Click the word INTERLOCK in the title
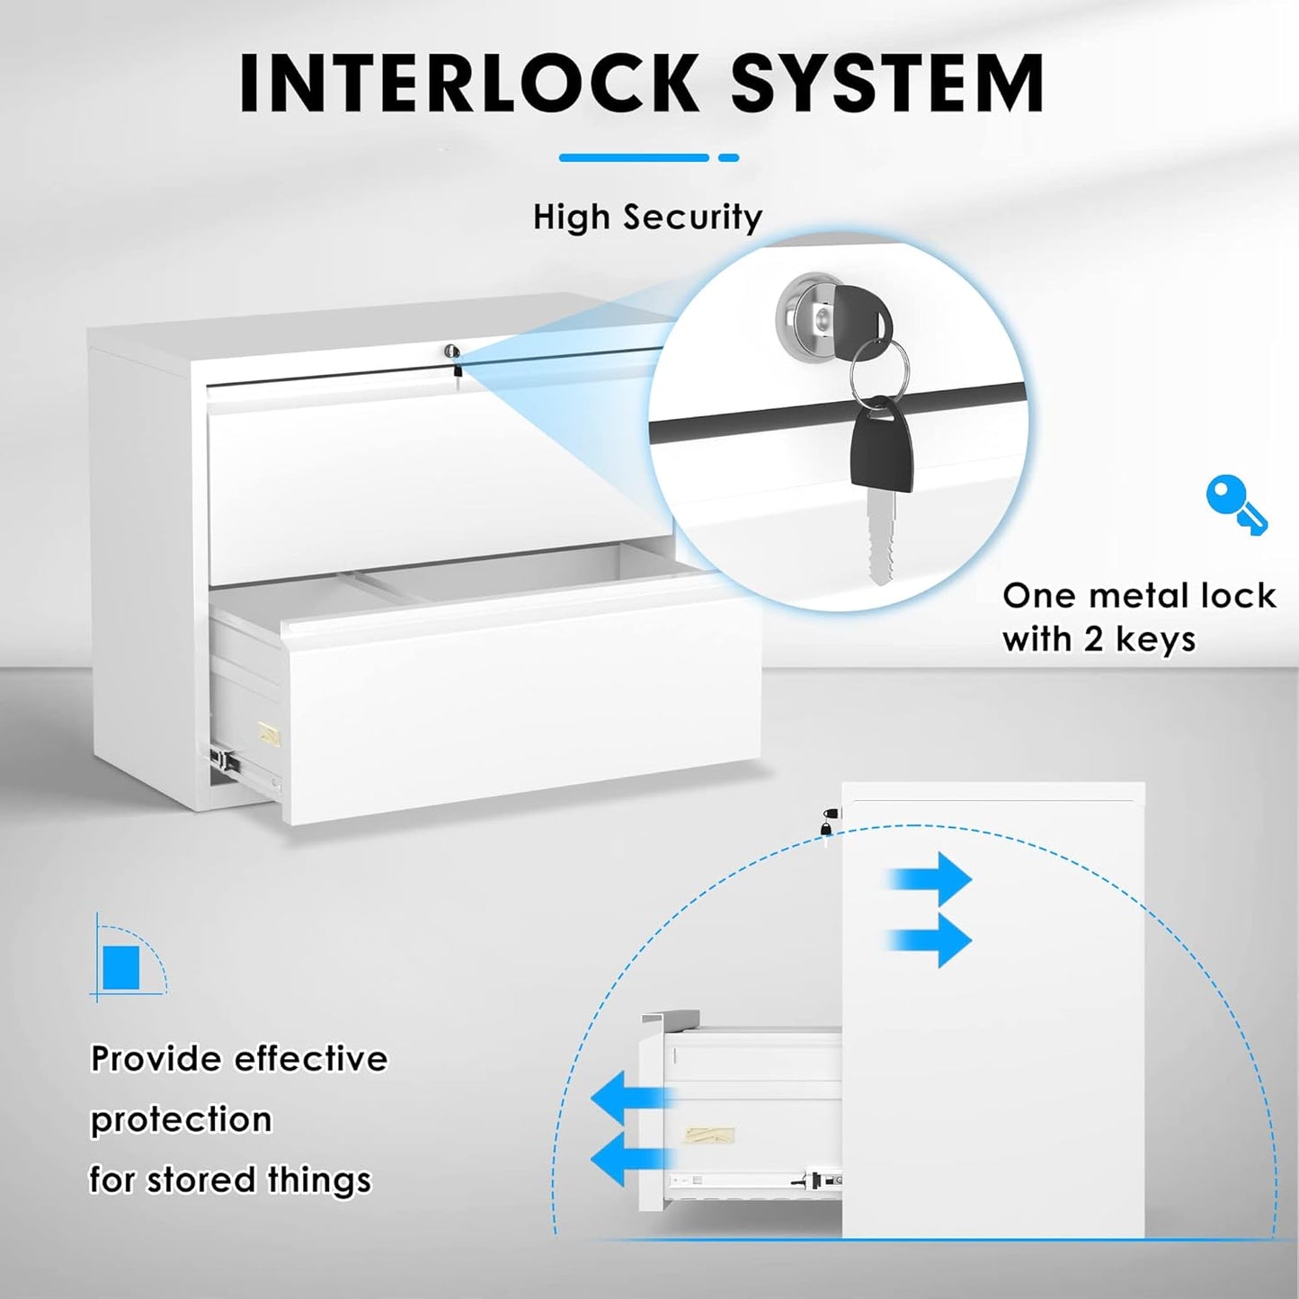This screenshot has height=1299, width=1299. pos(467,83)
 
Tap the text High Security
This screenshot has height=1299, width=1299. pos(647,218)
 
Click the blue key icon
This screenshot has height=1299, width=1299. pos(1235,505)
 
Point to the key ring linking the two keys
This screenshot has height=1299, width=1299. pos(887,369)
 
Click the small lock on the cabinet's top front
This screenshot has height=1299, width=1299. pos(455,353)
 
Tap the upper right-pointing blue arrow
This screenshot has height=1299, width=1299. pos(931,878)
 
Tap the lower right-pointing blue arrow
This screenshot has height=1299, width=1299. pos(931,939)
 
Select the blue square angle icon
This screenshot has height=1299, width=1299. pos(121,966)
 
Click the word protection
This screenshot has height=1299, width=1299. pos(181,1120)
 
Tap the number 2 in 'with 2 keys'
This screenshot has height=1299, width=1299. pos(1093,639)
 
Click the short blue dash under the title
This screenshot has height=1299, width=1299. pos(729,157)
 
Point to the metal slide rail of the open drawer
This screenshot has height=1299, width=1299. pos(227,761)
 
